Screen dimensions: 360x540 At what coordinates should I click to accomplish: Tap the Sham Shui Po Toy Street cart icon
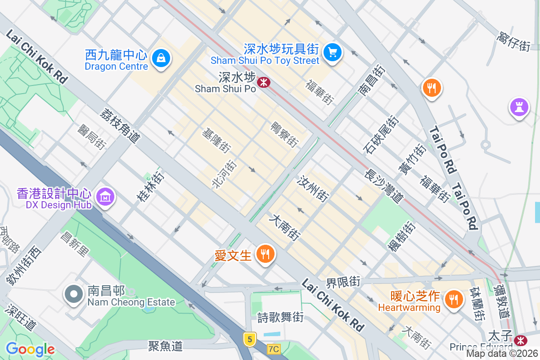333,52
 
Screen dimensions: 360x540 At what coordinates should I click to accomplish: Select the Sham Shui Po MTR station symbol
263,81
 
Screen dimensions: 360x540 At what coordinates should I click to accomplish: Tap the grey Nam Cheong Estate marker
73,294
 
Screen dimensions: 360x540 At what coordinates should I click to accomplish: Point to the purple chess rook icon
519,108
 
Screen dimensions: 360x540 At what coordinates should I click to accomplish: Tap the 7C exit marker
273,349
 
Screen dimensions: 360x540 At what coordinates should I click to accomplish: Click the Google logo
30,349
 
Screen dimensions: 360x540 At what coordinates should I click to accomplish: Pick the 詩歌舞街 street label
280,317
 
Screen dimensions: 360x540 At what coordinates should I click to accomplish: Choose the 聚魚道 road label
166,346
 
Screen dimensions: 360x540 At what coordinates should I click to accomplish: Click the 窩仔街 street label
513,41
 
